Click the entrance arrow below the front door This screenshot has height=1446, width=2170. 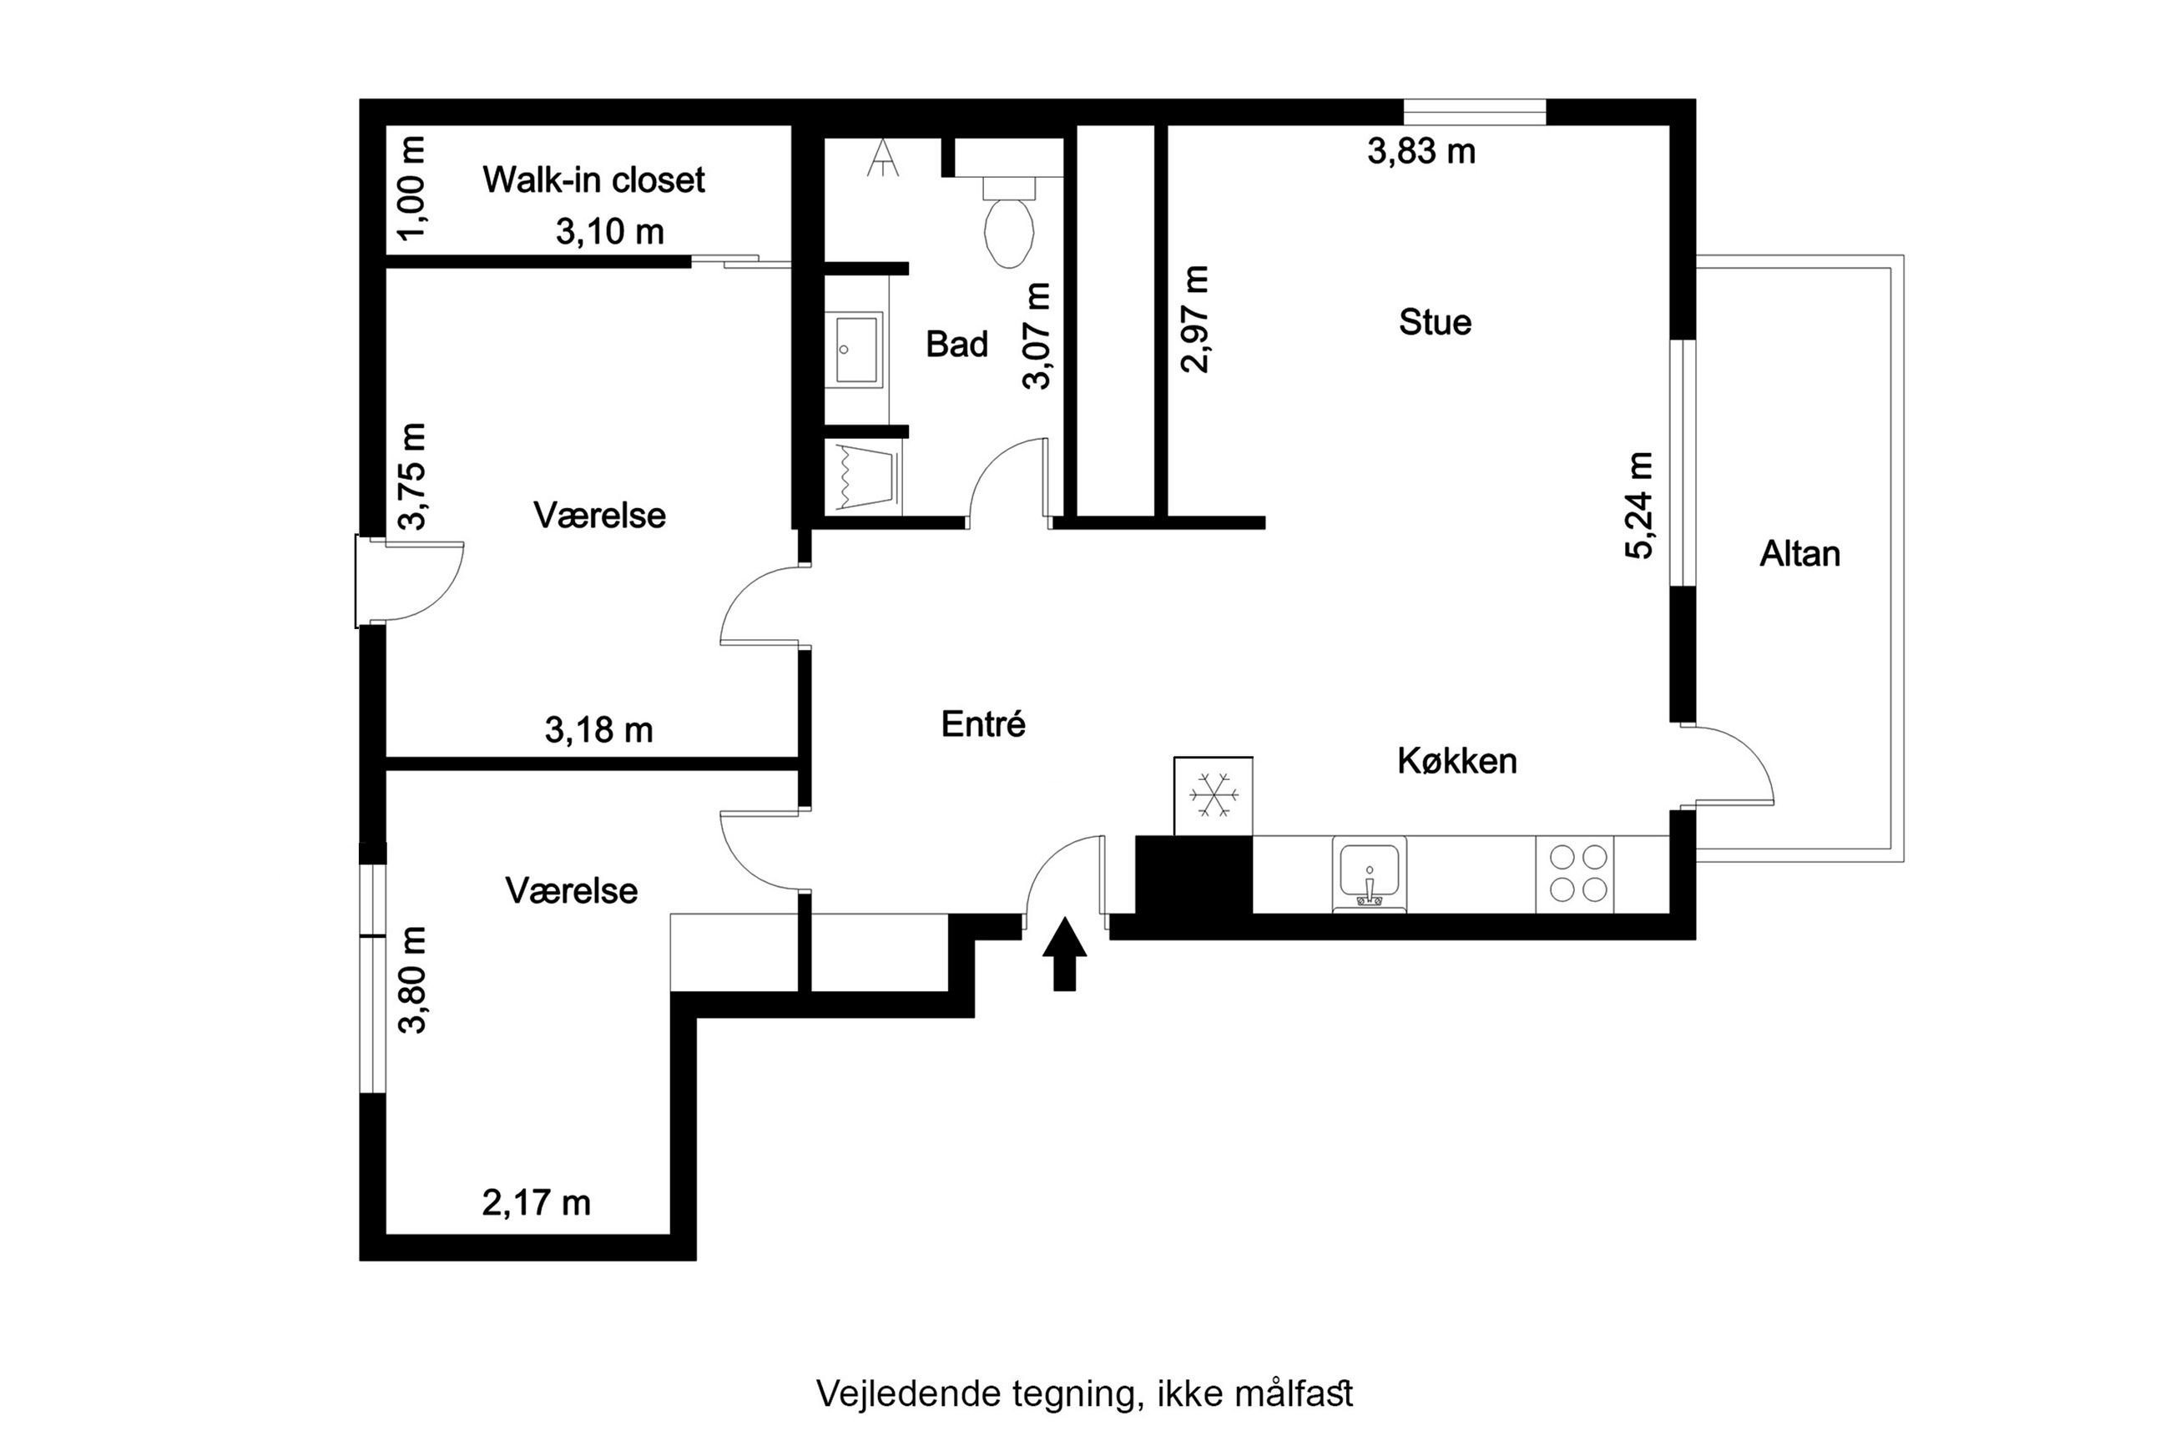click(x=1064, y=955)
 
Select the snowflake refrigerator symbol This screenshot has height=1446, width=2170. click(x=1213, y=795)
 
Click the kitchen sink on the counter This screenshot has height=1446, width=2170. click(x=1369, y=874)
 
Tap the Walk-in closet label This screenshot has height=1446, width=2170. click(x=594, y=180)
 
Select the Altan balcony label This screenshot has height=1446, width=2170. click(x=1799, y=554)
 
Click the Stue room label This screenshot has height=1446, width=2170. click(x=1435, y=322)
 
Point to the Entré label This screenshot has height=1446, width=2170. click(x=983, y=724)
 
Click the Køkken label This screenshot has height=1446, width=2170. click(x=1457, y=761)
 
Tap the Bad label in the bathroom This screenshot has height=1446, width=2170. click(x=956, y=344)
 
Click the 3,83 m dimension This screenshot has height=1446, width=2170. click(x=1421, y=151)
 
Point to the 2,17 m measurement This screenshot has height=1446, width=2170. click(x=536, y=1202)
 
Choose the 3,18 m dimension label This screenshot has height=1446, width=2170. click(x=598, y=730)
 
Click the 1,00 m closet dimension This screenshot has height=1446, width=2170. click(x=412, y=188)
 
